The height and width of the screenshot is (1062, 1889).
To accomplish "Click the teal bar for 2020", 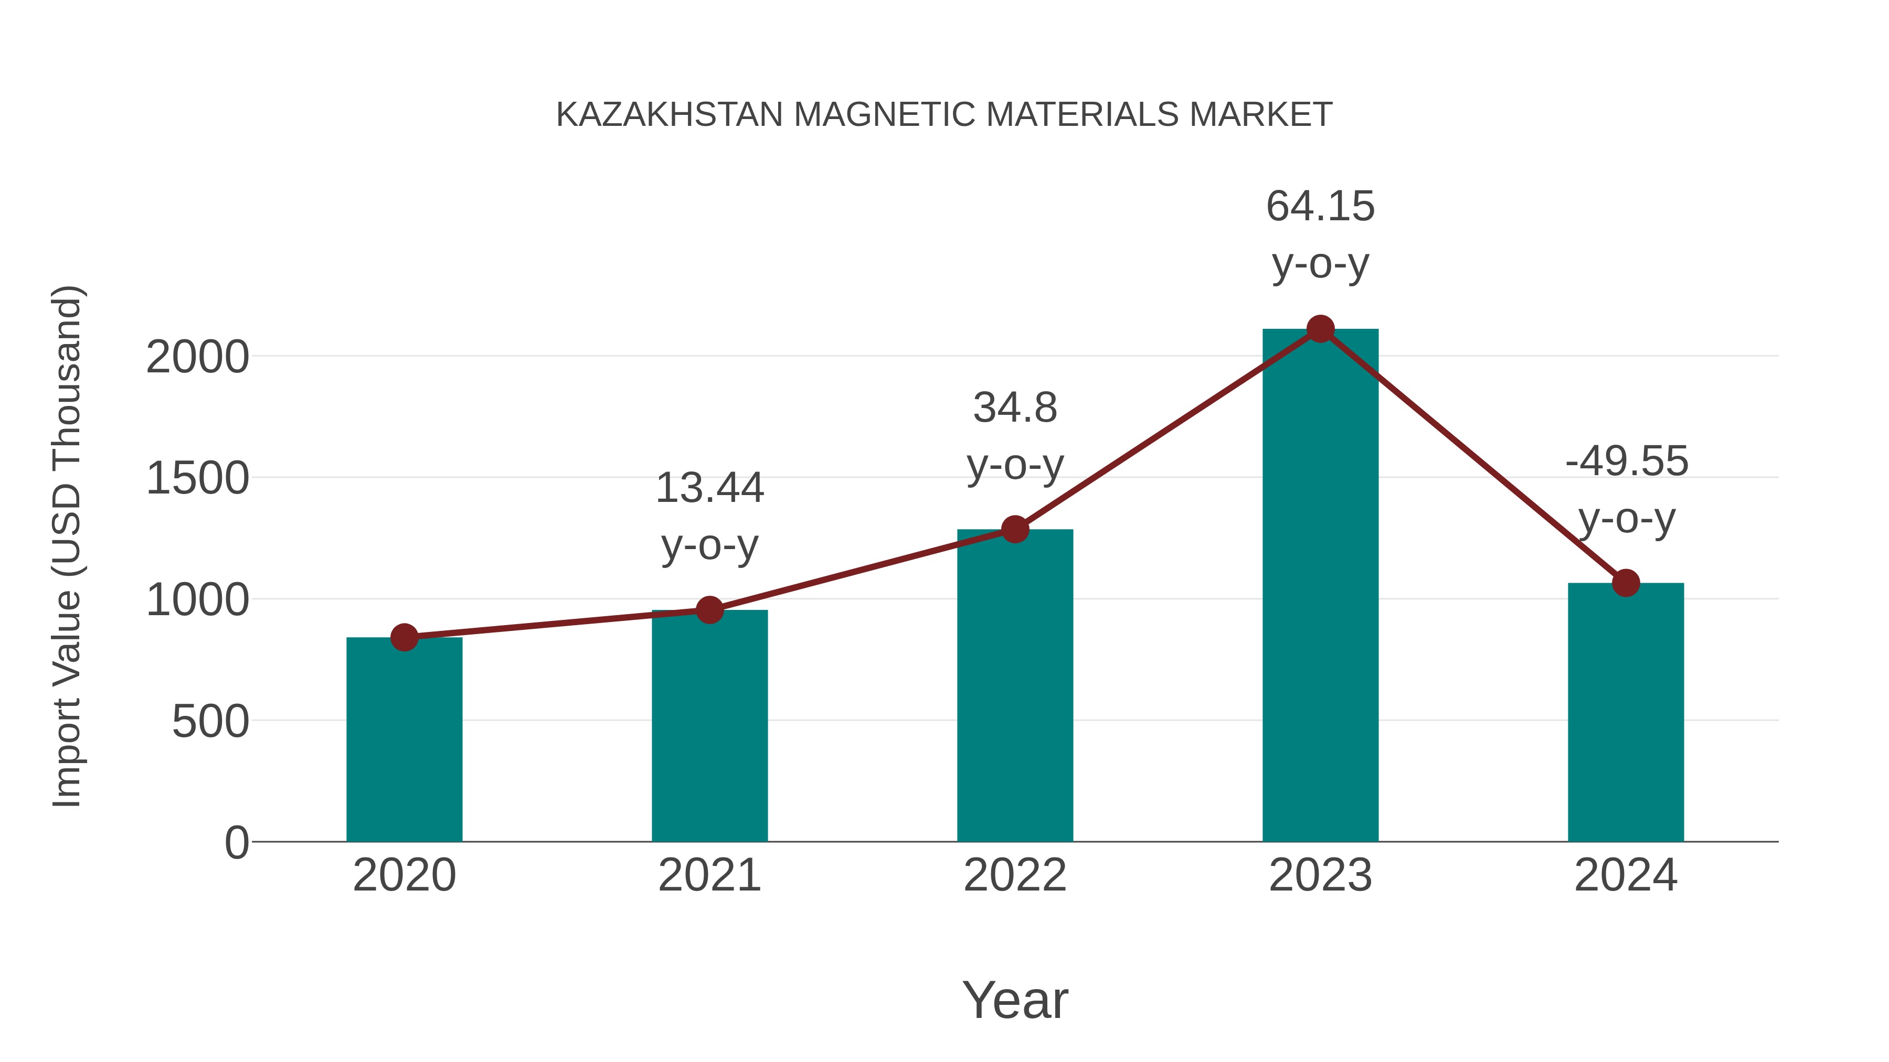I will (x=404, y=740).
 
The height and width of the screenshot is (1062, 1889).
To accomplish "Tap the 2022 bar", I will (x=1015, y=685).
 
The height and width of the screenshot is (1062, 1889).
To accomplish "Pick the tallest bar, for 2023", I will (x=1320, y=586).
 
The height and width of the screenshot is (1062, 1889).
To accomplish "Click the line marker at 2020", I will (x=404, y=638).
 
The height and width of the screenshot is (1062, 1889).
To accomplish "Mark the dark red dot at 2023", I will (x=1320, y=329).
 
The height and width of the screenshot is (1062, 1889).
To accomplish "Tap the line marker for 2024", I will (x=1626, y=583).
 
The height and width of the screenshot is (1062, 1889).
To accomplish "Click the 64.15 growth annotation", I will (x=1320, y=206).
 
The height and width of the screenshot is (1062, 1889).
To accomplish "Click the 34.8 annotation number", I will (x=1015, y=407).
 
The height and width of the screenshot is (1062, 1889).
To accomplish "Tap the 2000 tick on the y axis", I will (x=197, y=358).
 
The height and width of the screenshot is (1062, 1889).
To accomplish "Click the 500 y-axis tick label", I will (x=210, y=722).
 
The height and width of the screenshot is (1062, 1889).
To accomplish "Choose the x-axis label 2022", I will (x=1015, y=875).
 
